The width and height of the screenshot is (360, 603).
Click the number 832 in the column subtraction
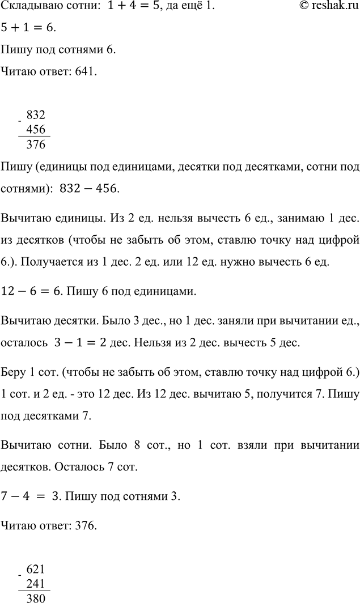click(x=36, y=114)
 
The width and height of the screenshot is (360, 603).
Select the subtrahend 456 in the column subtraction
click(x=36, y=129)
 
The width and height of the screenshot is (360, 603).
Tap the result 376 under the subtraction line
click(x=36, y=145)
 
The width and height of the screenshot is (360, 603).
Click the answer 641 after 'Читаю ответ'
click(x=81, y=72)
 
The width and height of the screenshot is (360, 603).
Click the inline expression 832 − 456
click(x=91, y=189)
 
